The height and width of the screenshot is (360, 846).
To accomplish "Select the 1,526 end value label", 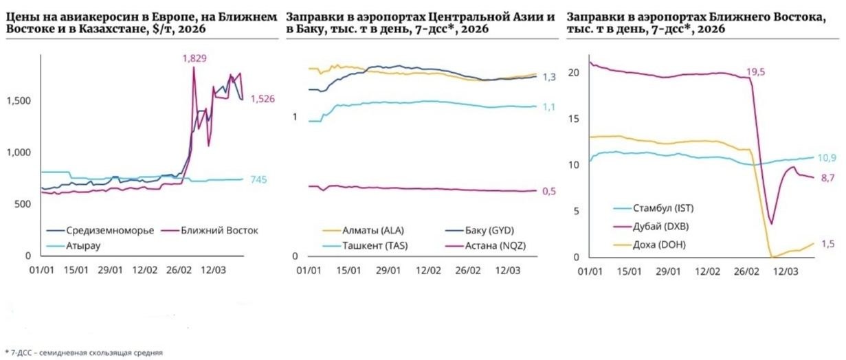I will [x=262, y=99].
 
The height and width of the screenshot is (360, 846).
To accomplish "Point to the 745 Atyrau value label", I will [x=258, y=180].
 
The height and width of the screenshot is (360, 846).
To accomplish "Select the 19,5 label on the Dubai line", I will [x=755, y=71].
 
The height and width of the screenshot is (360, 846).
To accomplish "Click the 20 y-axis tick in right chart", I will [x=576, y=72].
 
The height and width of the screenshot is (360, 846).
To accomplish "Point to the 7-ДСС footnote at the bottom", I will [x=84, y=352].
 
